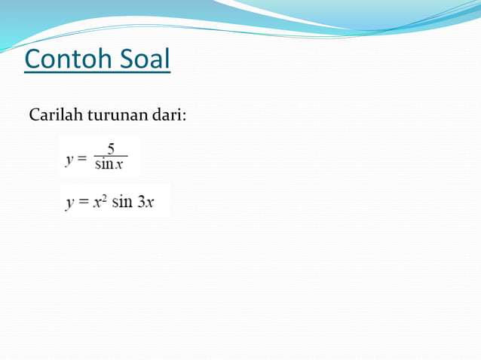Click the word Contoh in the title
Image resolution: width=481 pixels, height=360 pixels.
pyautogui.click(x=69, y=59)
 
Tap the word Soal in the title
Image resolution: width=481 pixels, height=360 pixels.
pyautogui.click(x=145, y=59)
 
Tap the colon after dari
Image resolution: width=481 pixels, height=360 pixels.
pyautogui.click(x=185, y=117)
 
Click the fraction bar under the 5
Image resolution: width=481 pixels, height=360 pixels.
pyautogui.click(x=110, y=157)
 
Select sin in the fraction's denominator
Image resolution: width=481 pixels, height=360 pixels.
pyautogui.click(x=104, y=165)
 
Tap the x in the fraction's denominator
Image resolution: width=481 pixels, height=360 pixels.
pyautogui.click(x=119, y=166)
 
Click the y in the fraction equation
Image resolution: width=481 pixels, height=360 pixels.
pyautogui.click(x=69, y=159)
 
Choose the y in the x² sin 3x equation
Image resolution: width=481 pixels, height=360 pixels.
pyautogui.click(x=69, y=204)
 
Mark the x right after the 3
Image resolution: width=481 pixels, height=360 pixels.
pyautogui.click(x=150, y=204)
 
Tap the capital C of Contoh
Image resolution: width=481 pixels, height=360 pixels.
pyautogui.click(x=33, y=59)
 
